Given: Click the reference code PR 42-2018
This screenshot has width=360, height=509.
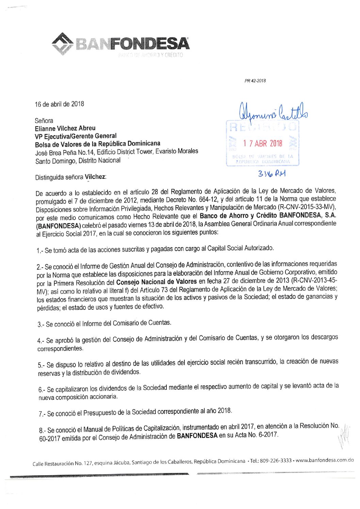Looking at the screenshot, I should point(255,81).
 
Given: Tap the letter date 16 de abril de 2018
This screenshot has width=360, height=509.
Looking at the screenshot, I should point(59,104).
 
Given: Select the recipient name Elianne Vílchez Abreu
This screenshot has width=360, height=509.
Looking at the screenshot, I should point(65,128).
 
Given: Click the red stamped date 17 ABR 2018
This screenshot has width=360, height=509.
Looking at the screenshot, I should point(262,143).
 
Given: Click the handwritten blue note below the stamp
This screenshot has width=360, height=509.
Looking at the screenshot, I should point(272,174).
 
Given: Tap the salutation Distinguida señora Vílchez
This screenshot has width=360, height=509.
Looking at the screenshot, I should point(70,177).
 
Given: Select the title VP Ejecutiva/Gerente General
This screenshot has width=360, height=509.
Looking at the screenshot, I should point(76,136).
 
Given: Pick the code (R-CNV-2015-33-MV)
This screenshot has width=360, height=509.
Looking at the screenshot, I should point(307,207).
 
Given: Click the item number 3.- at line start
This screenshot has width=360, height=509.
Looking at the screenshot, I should point(41,325).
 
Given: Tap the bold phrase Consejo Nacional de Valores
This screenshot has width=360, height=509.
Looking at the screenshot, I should point(156,282).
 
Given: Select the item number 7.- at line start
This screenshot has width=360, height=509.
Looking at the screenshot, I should point(42,414).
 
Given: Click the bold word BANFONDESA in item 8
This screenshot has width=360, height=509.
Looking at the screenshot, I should point(197,436).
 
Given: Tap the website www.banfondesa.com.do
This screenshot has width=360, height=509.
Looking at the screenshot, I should point(325,460).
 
